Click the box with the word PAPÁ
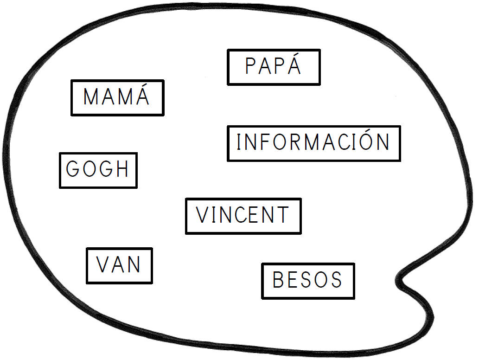[273, 67]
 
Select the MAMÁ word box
[117, 97]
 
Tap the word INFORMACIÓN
[313, 143]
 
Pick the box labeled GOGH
[98, 170]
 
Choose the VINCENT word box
[243, 216]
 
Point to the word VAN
[119, 265]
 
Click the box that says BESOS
[308, 281]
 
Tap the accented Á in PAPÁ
[294, 65]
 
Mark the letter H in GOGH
[122, 170]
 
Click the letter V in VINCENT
[203, 216]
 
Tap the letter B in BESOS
[278, 281]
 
